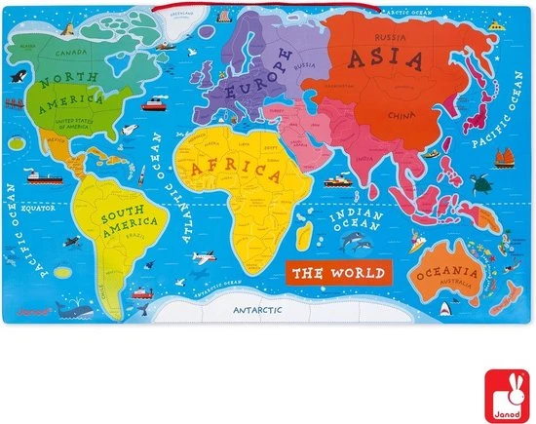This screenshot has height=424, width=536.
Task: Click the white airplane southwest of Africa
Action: pos(203,260)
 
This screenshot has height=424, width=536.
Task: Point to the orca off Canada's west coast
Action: pos(17,75)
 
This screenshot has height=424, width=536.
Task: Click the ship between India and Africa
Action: pos(337,182)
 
